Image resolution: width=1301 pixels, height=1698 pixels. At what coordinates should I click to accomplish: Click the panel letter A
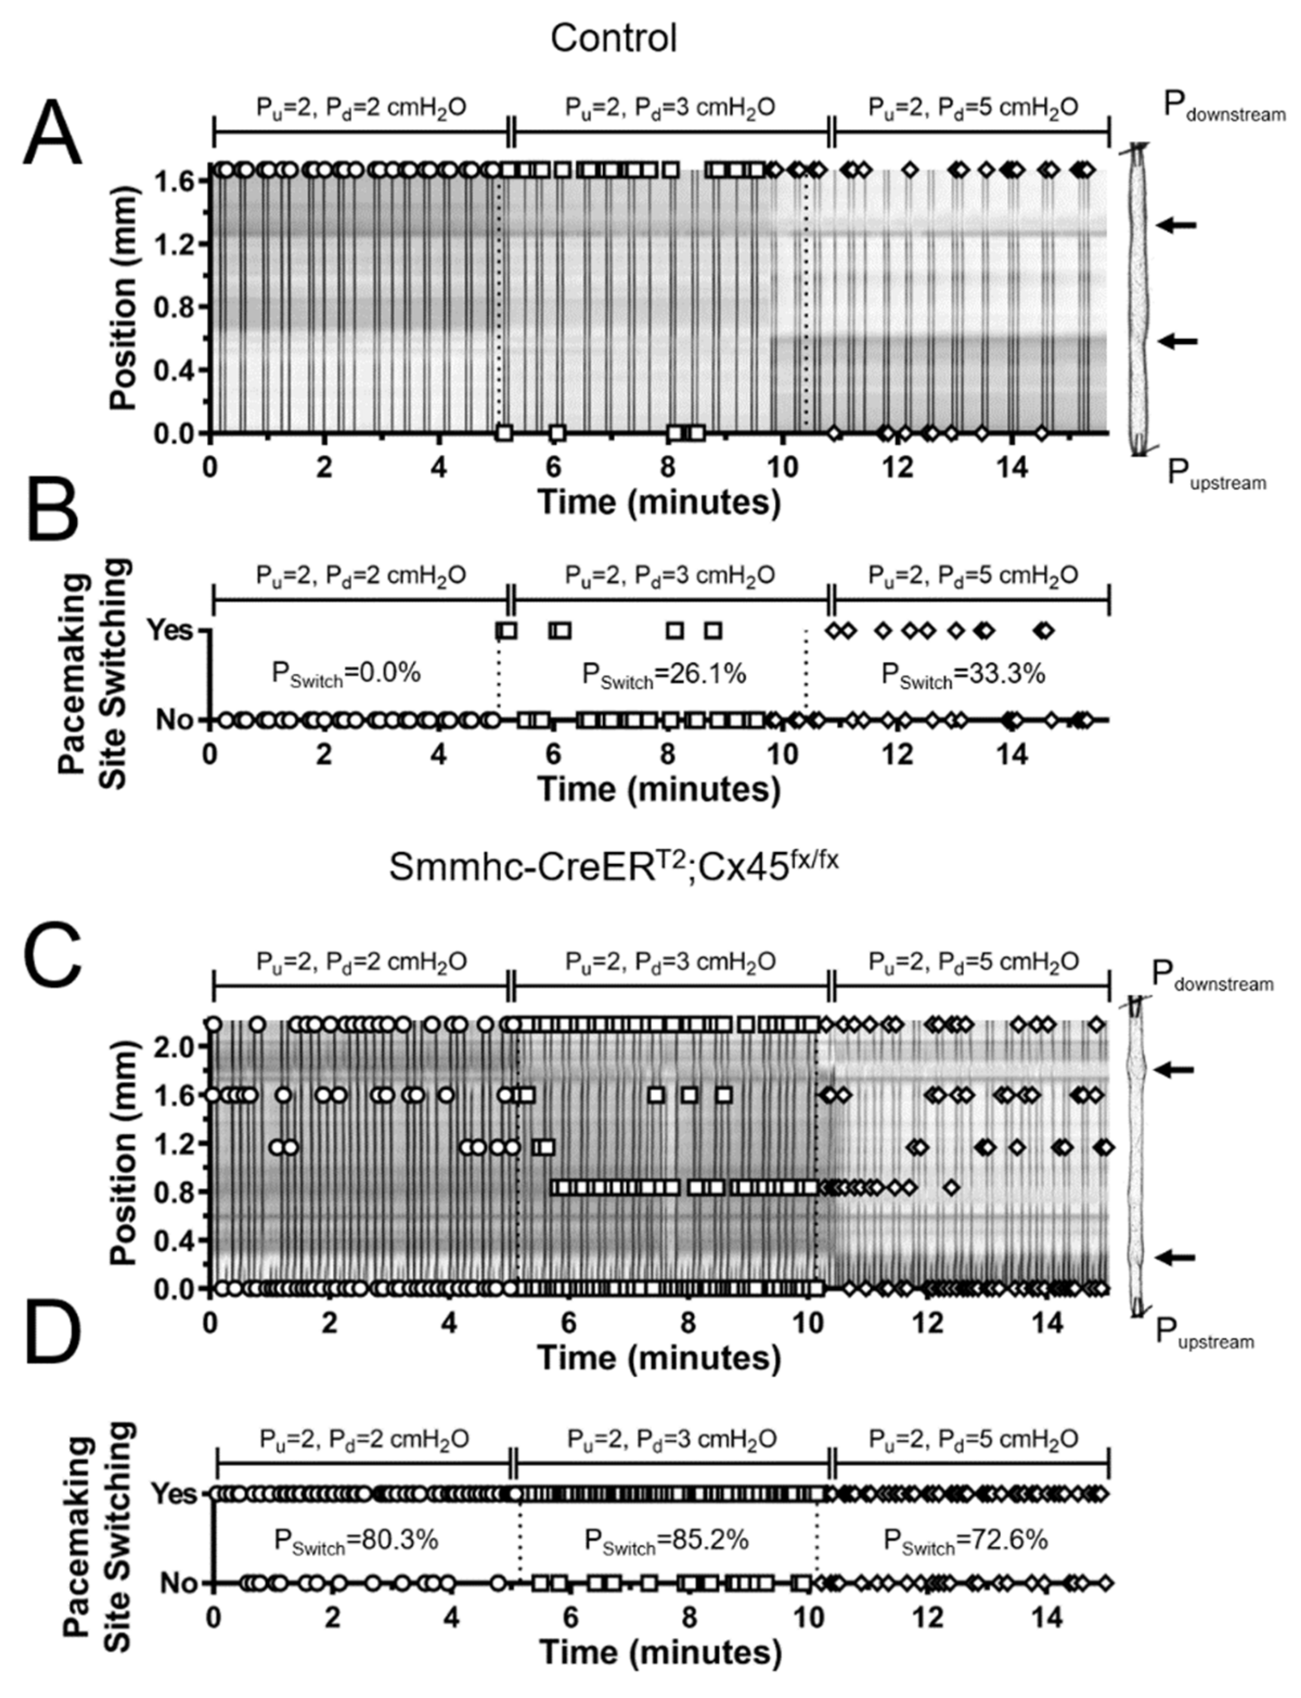pos(52,133)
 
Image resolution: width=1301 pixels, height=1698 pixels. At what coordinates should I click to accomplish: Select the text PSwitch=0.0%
pos(345,674)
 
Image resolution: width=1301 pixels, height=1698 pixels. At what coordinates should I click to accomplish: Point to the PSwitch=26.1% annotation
pos(664,674)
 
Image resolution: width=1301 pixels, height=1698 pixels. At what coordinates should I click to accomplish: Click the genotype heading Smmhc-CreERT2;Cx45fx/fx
pos(614,866)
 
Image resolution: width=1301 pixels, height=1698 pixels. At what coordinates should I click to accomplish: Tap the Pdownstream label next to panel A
pos(1224,109)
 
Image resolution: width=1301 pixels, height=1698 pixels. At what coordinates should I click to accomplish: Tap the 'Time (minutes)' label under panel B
pos(659,790)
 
